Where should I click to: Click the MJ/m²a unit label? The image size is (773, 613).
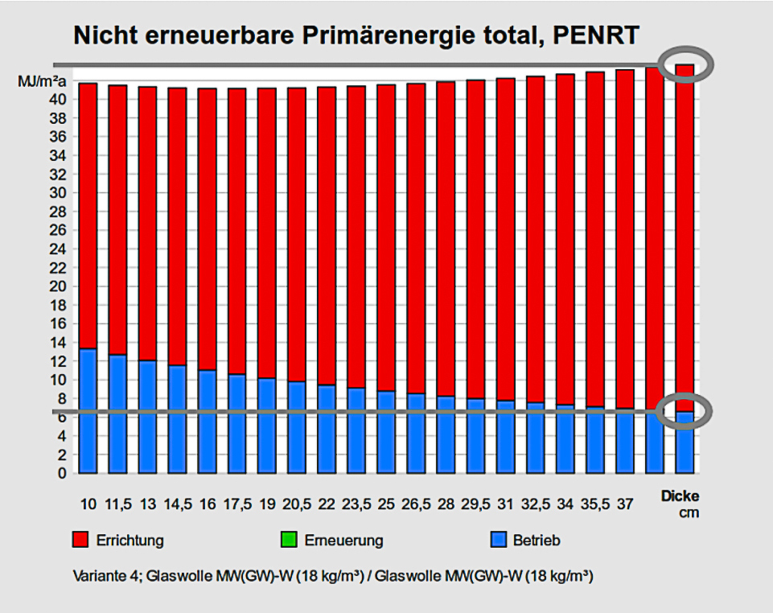[42, 81]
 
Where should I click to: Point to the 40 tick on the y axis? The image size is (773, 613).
[61, 99]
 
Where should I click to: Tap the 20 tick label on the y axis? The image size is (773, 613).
[61, 286]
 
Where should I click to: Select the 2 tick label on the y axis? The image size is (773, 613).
[64, 455]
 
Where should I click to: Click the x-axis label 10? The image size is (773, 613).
[88, 504]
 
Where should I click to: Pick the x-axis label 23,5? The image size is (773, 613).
[356, 504]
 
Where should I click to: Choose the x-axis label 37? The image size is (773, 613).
[625, 504]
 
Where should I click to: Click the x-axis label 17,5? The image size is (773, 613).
[236, 504]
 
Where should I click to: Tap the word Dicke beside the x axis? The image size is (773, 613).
[680, 496]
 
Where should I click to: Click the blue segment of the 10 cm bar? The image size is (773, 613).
[88, 410]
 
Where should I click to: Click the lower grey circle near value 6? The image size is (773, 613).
[685, 412]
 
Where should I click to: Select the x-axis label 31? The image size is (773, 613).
[506, 504]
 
